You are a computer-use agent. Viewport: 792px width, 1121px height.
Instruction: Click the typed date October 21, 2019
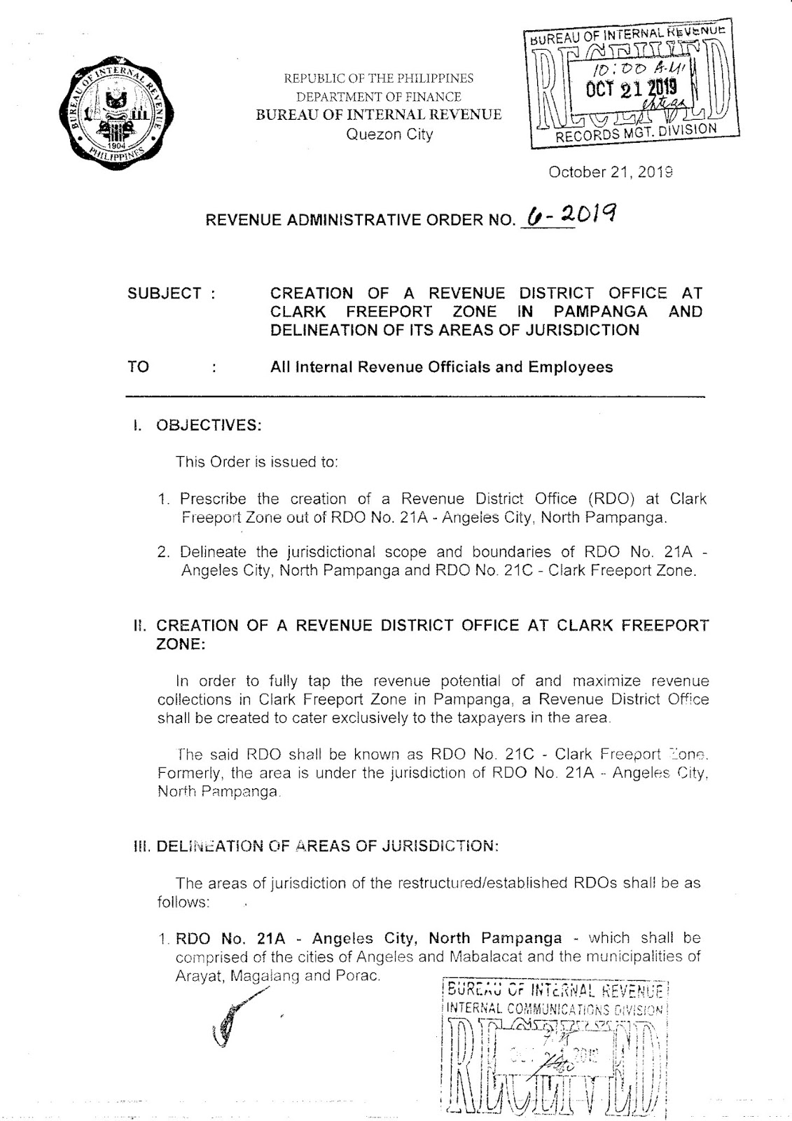[x=611, y=172]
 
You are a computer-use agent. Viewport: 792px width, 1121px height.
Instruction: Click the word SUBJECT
[x=165, y=294]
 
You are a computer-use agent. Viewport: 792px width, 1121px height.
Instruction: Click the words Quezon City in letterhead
[x=390, y=135]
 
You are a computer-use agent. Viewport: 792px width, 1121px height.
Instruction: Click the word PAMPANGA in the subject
[x=599, y=312]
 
